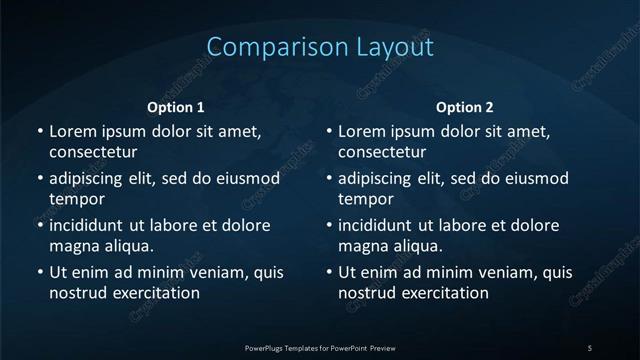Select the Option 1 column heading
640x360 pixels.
tap(176, 106)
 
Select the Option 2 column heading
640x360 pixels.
tap(465, 106)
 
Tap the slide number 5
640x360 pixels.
tap(590, 347)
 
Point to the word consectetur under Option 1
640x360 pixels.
tap(92, 153)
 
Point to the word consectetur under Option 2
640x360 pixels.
tap(382, 153)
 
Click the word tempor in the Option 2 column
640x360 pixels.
tap(366, 199)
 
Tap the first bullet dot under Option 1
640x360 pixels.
tap(40, 131)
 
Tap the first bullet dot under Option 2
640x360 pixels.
tap(330, 131)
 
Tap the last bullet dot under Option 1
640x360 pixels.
tap(40, 272)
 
